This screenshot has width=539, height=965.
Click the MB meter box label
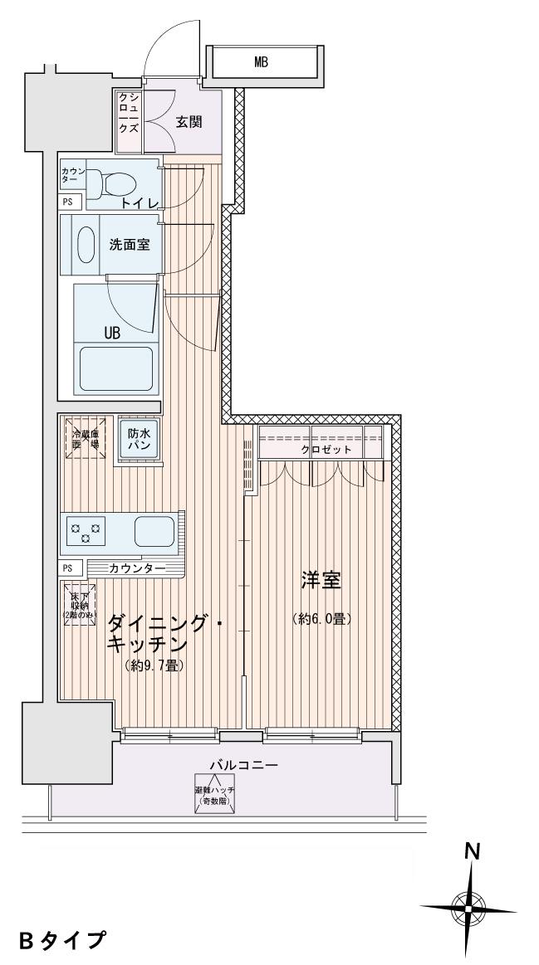click(261, 61)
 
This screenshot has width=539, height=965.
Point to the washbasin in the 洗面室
click(86, 244)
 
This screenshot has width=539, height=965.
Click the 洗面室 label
click(130, 245)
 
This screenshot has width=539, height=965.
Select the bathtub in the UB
click(115, 369)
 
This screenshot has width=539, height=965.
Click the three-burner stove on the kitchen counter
click(86, 532)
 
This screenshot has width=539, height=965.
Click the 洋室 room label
click(321, 582)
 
